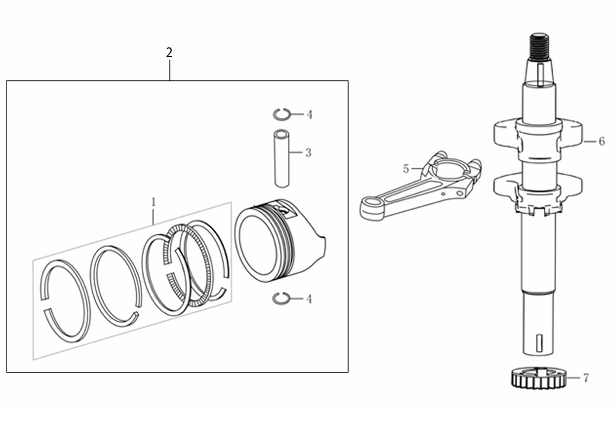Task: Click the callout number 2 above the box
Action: pyautogui.click(x=169, y=52)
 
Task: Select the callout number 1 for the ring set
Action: pyautogui.click(x=153, y=202)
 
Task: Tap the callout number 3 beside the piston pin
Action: pyautogui.click(x=309, y=152)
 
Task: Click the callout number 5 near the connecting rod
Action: pyautogui.click(x=406, y=169)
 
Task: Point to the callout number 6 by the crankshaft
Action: pyautogui.click(x=601, y=141)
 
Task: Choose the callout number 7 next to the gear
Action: pyautogui.click(x=586, y=378)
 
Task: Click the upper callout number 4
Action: pyautogui.click(x=310, y=114)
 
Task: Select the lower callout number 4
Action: pyautogui.click(x=309, y=299)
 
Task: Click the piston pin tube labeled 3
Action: pyautogui.click(x=281, y=158)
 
